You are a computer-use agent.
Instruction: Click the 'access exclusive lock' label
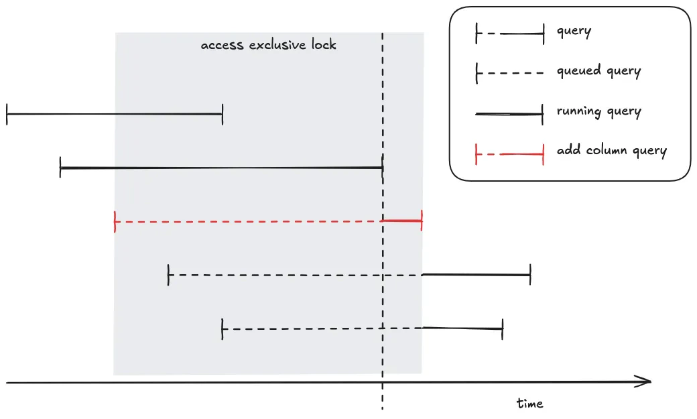[x=268, y=46]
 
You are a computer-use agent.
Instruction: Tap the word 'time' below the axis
[x=529, y=404]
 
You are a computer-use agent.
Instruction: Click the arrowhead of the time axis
[x=645, y=381]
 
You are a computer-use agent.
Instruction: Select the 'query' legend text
[x=574, y=31]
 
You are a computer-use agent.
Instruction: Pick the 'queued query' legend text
[x=598, y=71]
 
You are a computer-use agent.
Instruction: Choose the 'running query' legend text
[x=598, y=111]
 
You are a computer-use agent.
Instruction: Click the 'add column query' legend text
[x=611, y=150]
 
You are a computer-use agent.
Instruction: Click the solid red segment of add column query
[x=402, y=221]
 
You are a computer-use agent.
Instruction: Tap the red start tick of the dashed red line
[x=115, y=221]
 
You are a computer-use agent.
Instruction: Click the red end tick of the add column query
[x=422, y=221]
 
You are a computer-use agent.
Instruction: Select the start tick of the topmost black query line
[x=7, y=115]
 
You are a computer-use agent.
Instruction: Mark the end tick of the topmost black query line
[x=222, y=115]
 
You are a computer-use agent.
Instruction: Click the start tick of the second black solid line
[x=60, y=167]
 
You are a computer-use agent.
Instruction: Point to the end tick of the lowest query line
[x=502, y=328]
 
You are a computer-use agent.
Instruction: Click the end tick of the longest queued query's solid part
[x=530, y=274]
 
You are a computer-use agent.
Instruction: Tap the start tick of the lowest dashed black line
[x=222, y=329]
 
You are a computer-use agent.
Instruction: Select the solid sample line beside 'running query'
[x=509, y=115]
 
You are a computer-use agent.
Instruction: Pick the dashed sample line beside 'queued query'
[x=509, y=74]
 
